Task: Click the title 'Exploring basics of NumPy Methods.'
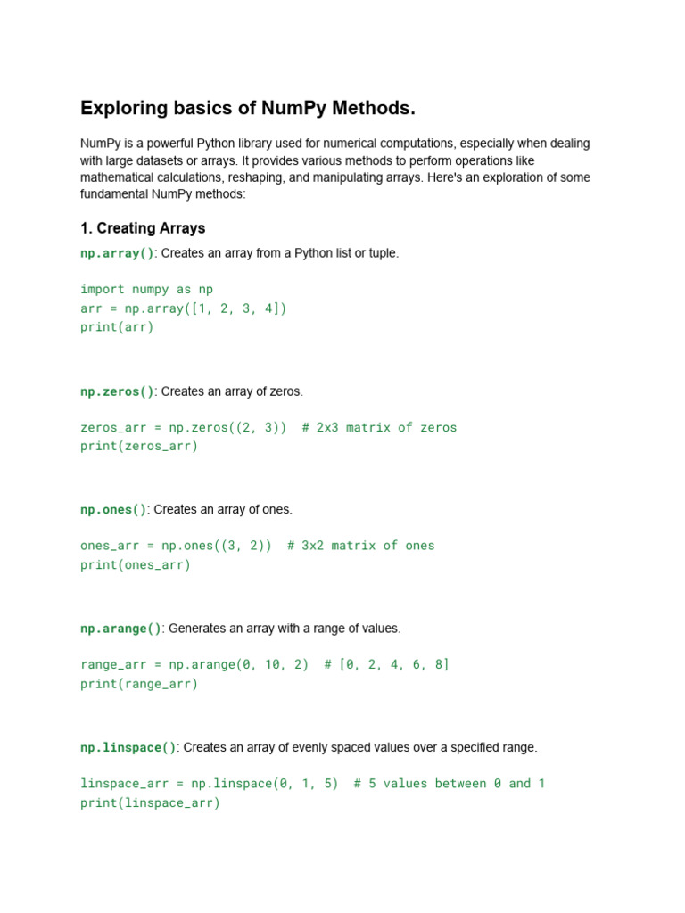pos(248,109)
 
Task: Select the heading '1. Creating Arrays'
pos(143,228)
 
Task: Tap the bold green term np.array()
pos(117,253)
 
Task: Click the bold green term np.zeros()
pos(117,391)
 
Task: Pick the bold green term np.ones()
pos(113,510)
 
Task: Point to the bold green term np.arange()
pos(120,629)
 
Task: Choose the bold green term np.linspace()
pos(128,747)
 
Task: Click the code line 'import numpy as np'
pos(146,290)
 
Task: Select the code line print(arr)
pos(117,327)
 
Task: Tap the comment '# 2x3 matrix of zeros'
pos(379,428)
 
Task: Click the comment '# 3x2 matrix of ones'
pos(360,546)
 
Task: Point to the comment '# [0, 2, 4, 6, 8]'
pos(386,665)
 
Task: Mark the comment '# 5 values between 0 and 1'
pos(449,784)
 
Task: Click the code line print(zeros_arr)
pos(139,446)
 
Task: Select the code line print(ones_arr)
pos(136,564)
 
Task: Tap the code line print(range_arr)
pos(139,684)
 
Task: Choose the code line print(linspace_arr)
pos(150,802)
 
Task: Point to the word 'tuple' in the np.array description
pos(380,253)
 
